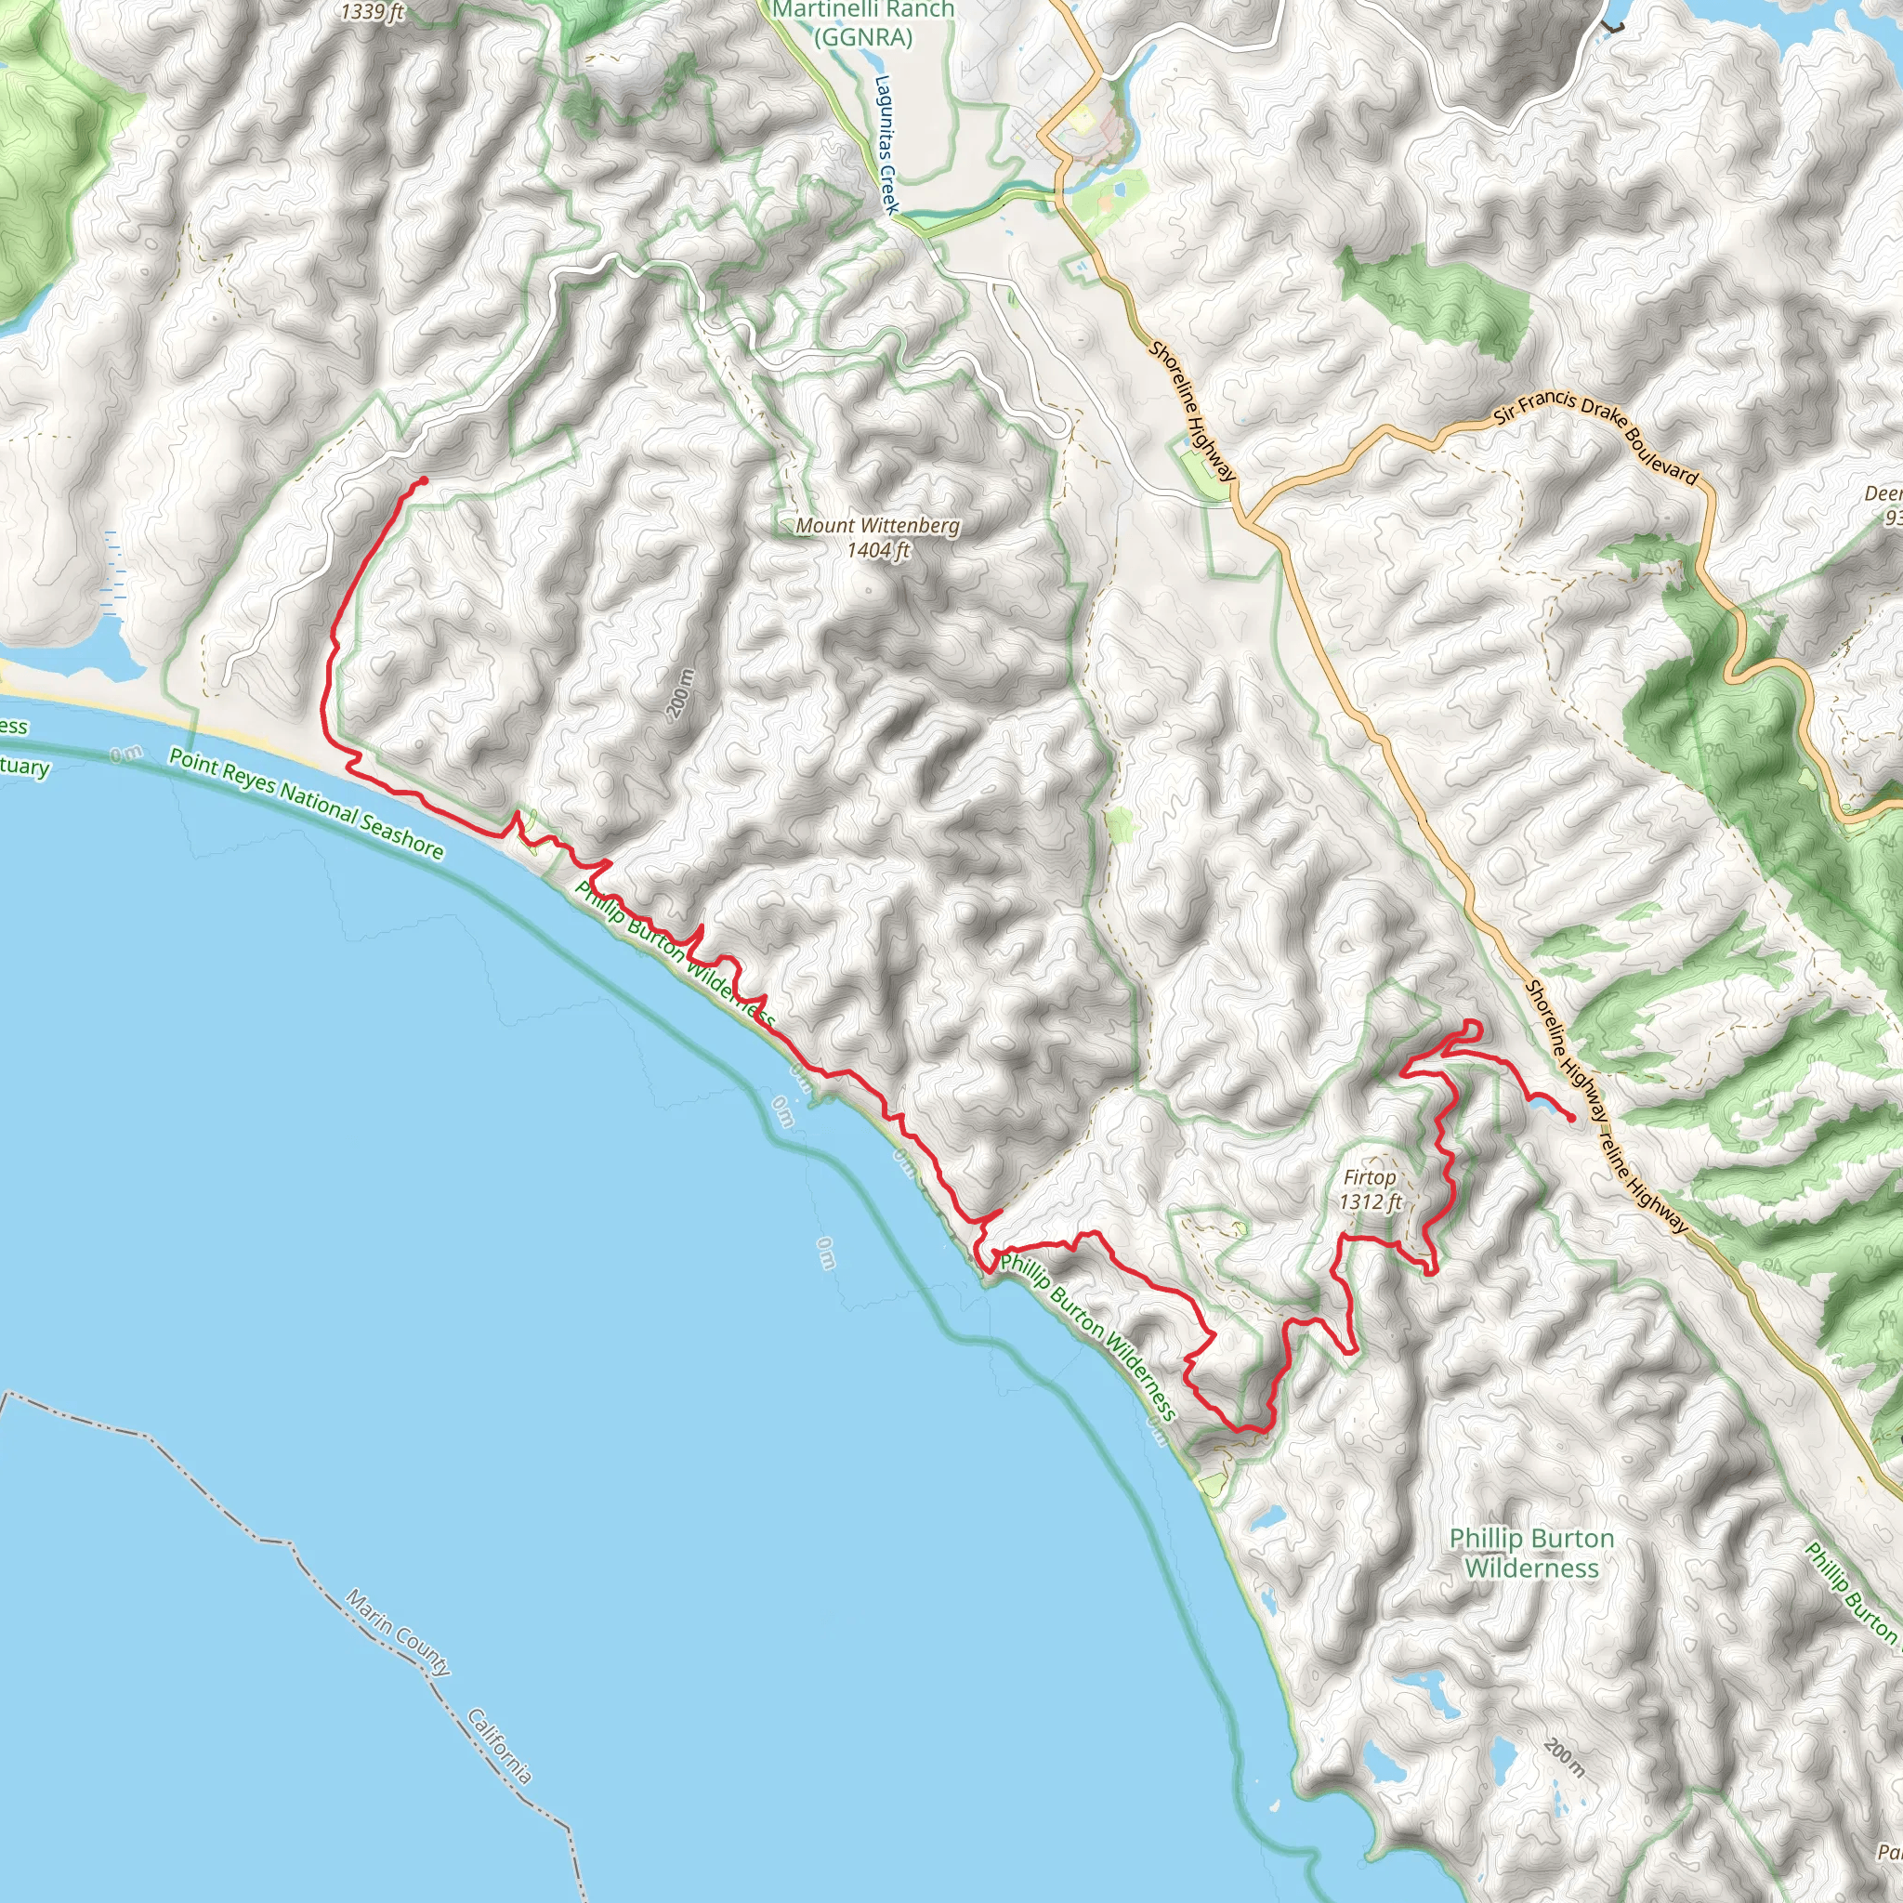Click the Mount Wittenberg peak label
coord(876,525)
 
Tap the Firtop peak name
coord(1369,1177)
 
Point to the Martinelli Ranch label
coord(863,11)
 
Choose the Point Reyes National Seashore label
coord(306,803)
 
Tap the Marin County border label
coord(398,1631)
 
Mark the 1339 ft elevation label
coord(373,13)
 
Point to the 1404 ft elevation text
coord(877,550)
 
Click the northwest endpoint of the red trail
coord(423,479)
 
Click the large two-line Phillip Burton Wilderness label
coord(1531,1553)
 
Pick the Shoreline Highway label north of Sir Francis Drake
coord(1192,411)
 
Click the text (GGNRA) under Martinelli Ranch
coord(863,37)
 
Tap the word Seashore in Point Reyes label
coord(400,836)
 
